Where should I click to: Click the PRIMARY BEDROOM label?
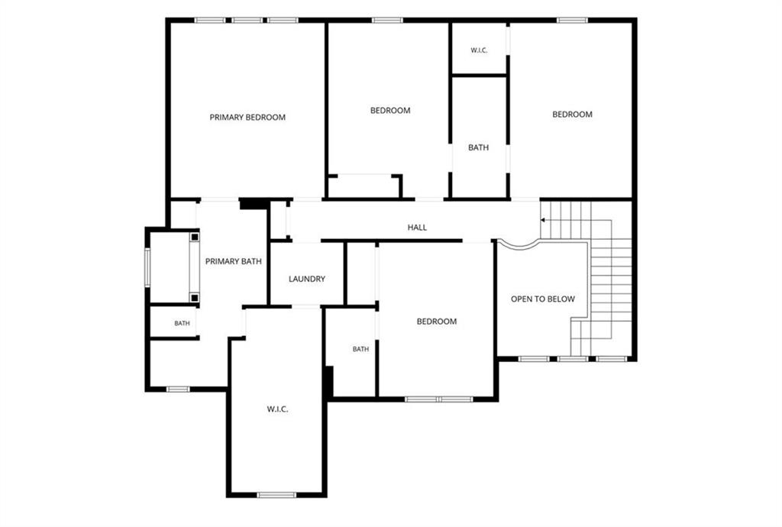(247, 118)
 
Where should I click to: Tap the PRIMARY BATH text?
(234, 261)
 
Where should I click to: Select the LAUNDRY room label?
(307, 280)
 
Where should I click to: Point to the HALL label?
(417, 228)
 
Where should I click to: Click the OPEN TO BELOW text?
(543, 299)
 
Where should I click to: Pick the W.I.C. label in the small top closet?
(479, 50)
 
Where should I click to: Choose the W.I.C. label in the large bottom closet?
(277, 409)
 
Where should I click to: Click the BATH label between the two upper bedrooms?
(478, 147)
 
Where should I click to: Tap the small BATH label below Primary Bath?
(182, 324)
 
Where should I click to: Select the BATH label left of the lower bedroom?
(360, 349)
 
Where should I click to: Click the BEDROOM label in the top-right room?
(572, 114)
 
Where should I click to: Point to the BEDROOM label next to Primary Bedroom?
(390, 110)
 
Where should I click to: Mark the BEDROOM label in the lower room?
(436, 322)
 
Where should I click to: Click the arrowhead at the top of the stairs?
(543, 220)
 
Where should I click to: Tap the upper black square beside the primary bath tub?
(195, 236)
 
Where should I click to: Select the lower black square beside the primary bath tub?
(195, 298)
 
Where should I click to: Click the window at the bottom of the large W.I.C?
(276, 495)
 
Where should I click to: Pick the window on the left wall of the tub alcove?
(147, 267)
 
